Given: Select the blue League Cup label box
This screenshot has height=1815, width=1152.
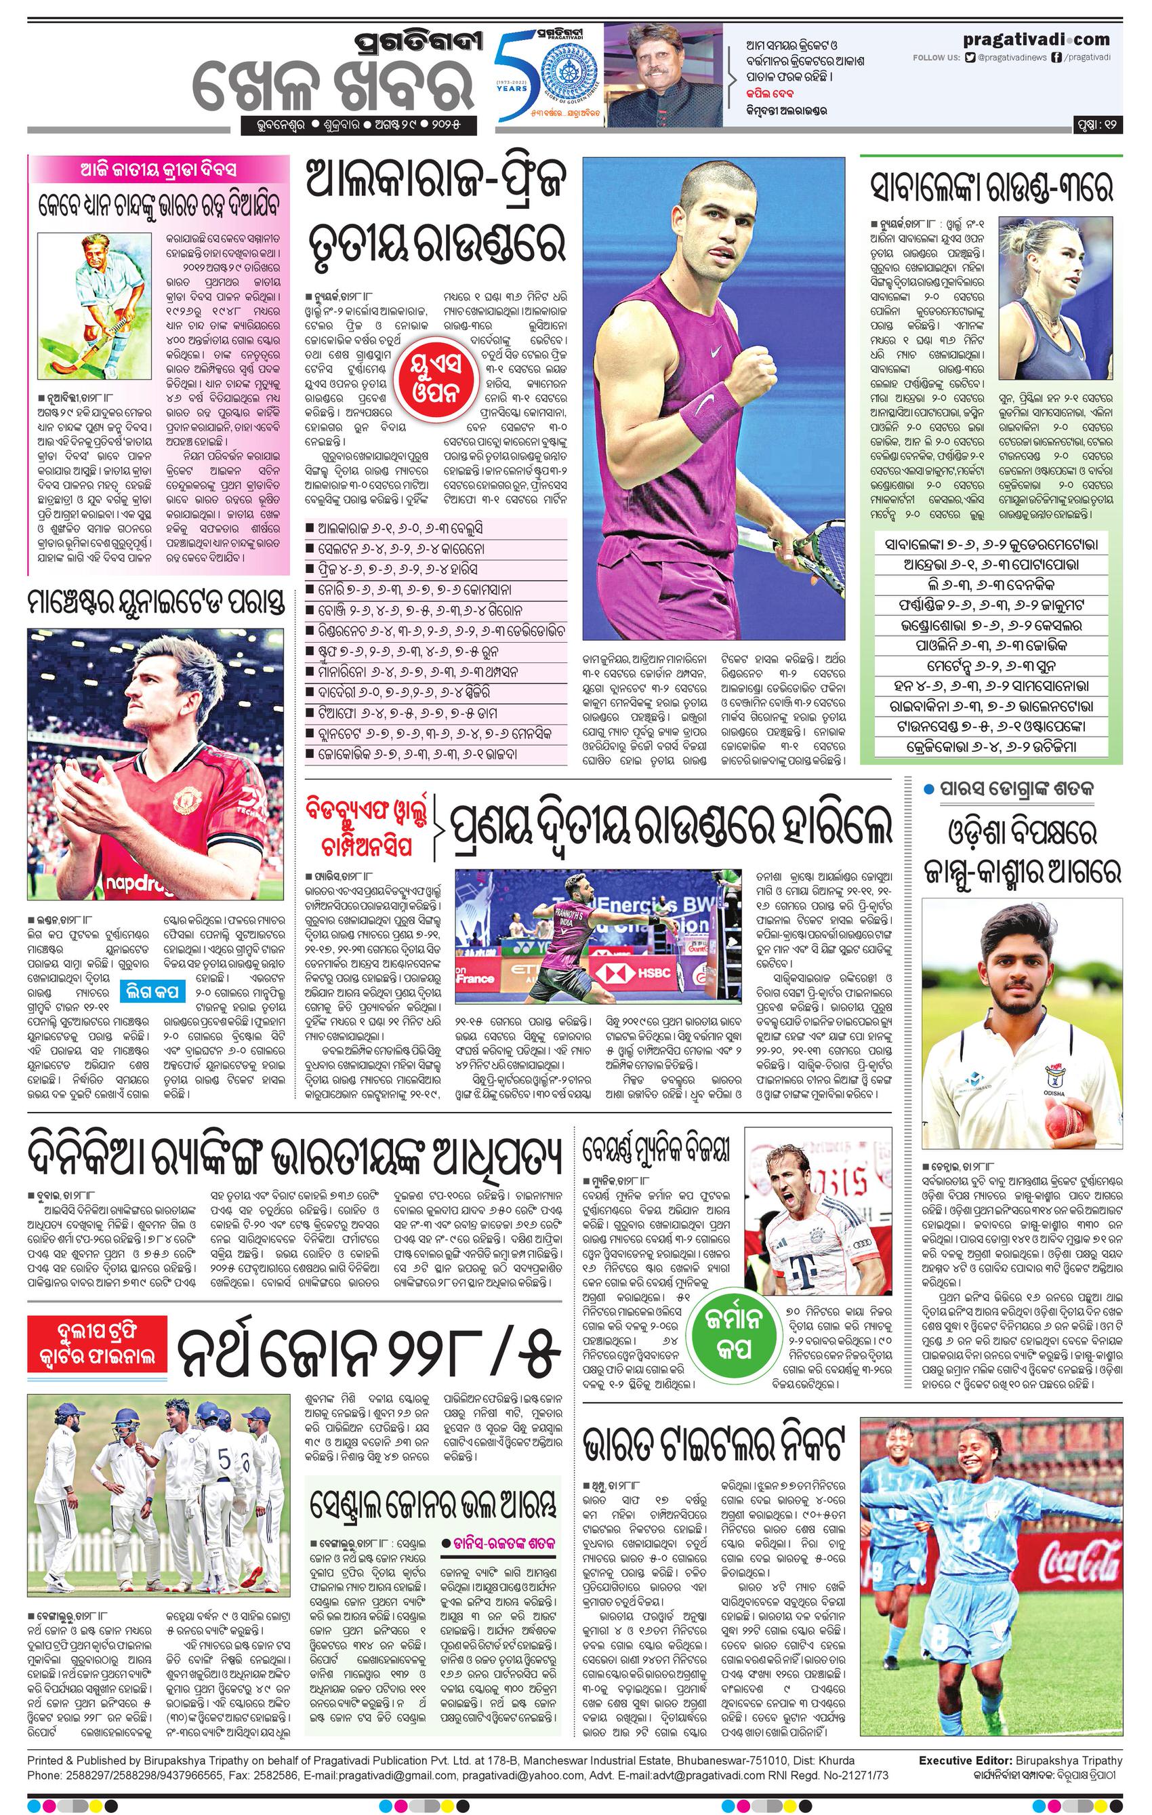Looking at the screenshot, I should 155,991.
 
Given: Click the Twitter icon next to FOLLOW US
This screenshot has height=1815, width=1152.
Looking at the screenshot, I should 971,57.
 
